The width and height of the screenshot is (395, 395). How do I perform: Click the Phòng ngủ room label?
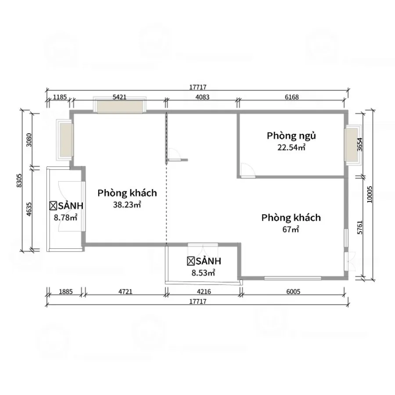(291, 136)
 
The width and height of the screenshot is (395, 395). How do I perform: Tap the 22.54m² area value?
(291, 147)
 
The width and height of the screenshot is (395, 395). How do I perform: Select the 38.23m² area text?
(127, 205)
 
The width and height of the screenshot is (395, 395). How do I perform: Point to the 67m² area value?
(291, 229)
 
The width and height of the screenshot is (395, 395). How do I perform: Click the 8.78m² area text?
(65, 217)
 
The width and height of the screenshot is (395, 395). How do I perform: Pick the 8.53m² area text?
(203, 273)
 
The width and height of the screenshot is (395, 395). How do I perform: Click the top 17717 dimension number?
(198, 87)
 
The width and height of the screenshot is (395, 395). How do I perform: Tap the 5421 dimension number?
(119, 97)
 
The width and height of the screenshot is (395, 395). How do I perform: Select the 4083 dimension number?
(202, 97)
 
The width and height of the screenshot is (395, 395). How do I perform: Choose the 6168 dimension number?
(292, 97)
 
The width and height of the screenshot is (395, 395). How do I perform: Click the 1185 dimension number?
(60, 97)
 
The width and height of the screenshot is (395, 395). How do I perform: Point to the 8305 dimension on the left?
(19, 180)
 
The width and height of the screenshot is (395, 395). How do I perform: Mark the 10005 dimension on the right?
(369, 194)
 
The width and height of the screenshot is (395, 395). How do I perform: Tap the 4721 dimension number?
(125, 291)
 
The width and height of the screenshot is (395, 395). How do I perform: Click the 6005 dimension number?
(293, 291)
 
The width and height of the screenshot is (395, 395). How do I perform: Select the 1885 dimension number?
(66, 291)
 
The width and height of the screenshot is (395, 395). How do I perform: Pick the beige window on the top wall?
(120, 107)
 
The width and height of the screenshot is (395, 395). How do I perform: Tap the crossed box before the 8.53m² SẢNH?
(191, 261)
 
